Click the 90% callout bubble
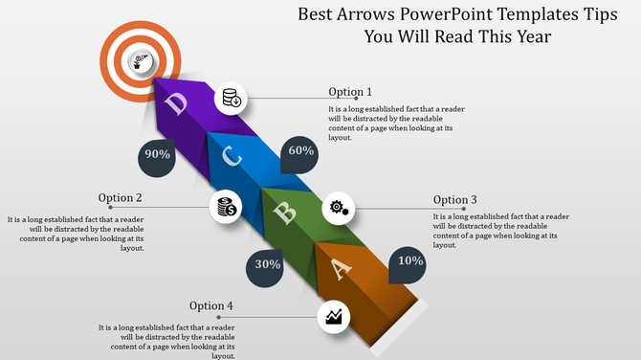point(157,154)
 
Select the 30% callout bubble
point(267,265)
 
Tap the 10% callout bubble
point(410,261)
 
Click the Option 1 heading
point(350,92)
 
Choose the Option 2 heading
point(121,198)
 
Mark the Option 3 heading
point(455,199)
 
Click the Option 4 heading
point(211,306)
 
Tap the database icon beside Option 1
point(232,97)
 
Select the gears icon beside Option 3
point(339,207)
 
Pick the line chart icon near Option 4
point(334,316)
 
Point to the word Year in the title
point(529,36)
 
